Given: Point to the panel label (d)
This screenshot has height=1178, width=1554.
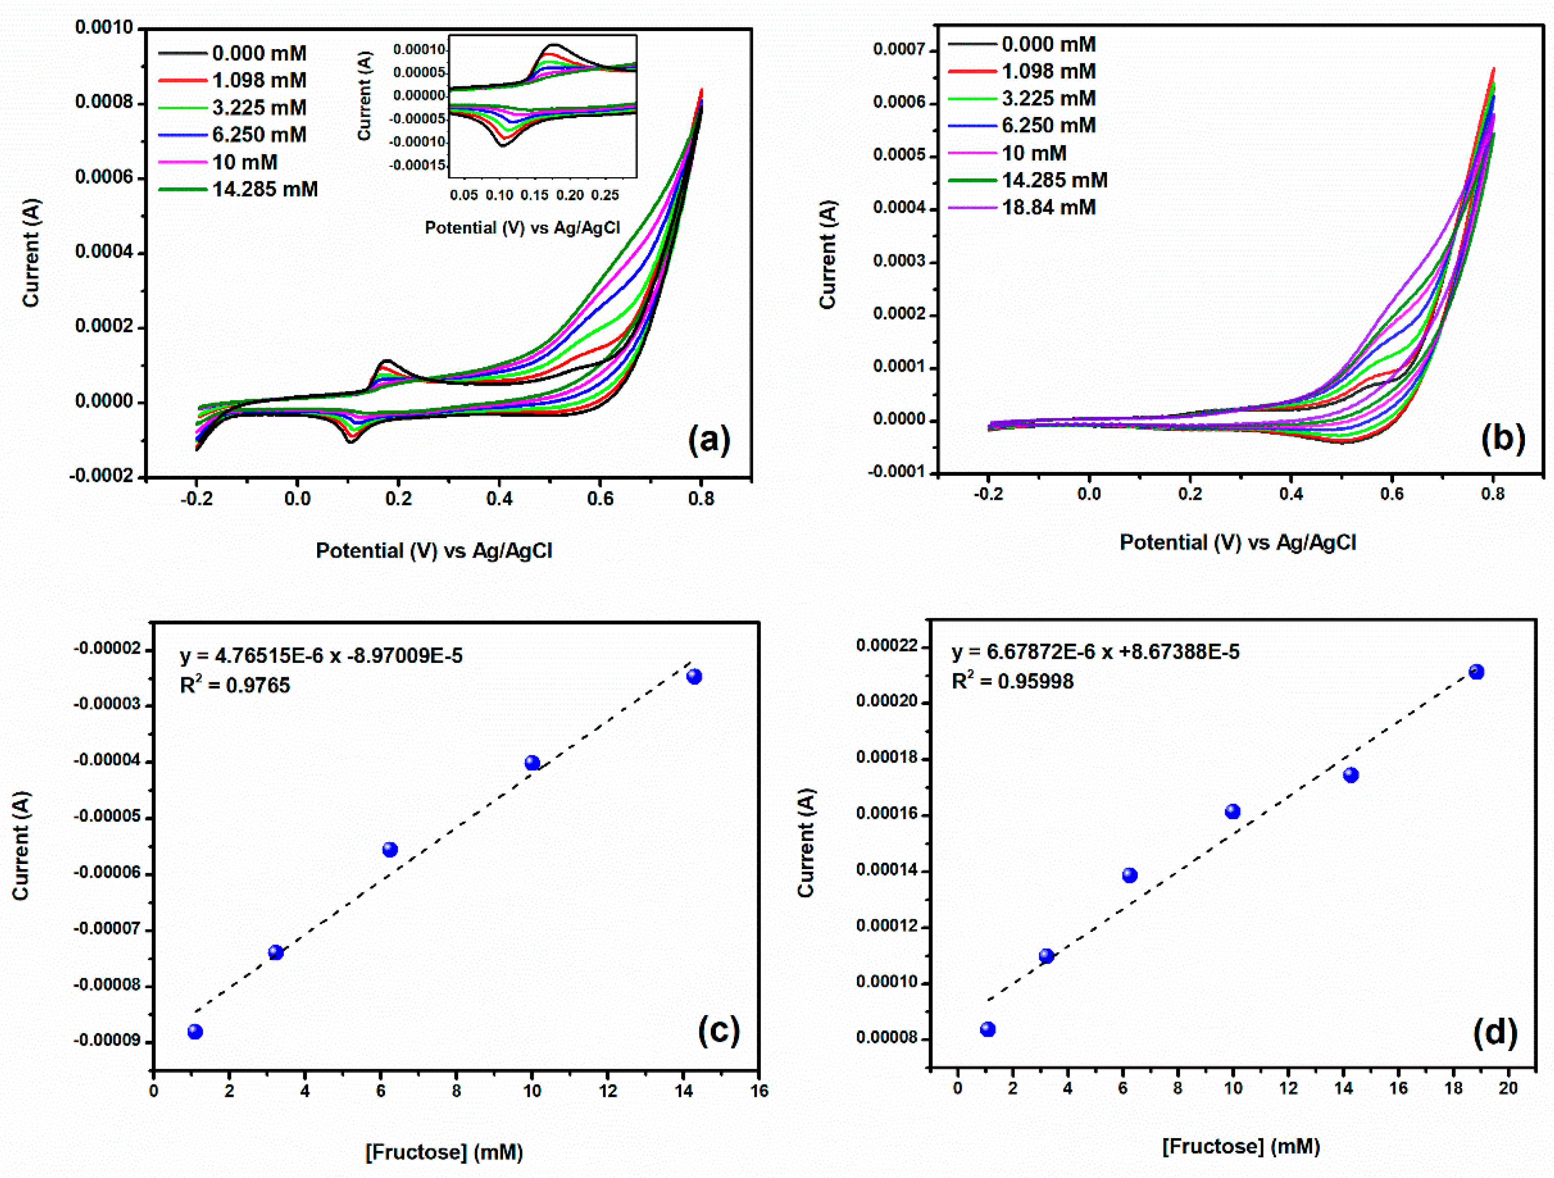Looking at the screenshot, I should pyautogui.click(x=1494, y=1032).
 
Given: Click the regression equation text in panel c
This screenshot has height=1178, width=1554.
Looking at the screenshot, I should pyautogui.click(x=321, y=656).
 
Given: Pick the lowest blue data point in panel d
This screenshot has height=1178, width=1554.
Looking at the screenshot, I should pyautogui.click(x=987, y=1029).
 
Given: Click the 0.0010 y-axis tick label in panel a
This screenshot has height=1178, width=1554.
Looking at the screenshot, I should pyautogui.click(x=104, y=28).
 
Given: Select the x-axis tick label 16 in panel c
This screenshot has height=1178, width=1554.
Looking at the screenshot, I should pyautogui.click(x=759, y=1091).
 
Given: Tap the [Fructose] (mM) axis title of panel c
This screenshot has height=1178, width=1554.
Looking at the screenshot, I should pyautogui.click(x=444, y=1152).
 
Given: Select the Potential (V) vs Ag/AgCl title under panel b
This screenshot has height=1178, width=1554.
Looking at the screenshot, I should pyautogui.click(x=1237, y=542).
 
